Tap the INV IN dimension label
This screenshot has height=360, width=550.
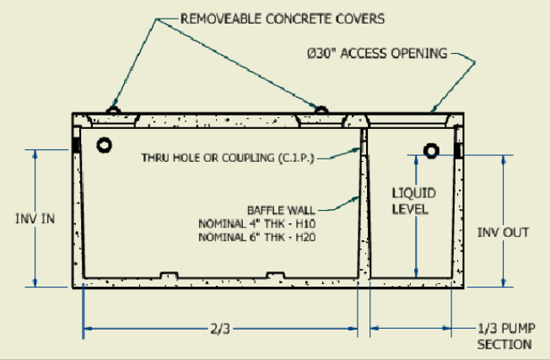35,218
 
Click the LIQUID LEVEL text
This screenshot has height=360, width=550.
411,201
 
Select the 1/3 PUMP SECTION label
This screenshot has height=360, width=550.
504,337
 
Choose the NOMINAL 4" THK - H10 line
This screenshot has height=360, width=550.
262,223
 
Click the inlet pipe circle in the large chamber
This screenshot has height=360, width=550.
104,145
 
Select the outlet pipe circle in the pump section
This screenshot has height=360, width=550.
431,151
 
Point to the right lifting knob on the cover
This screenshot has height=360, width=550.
320,110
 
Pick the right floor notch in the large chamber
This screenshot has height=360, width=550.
275,276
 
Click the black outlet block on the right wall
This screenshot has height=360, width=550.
460,151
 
